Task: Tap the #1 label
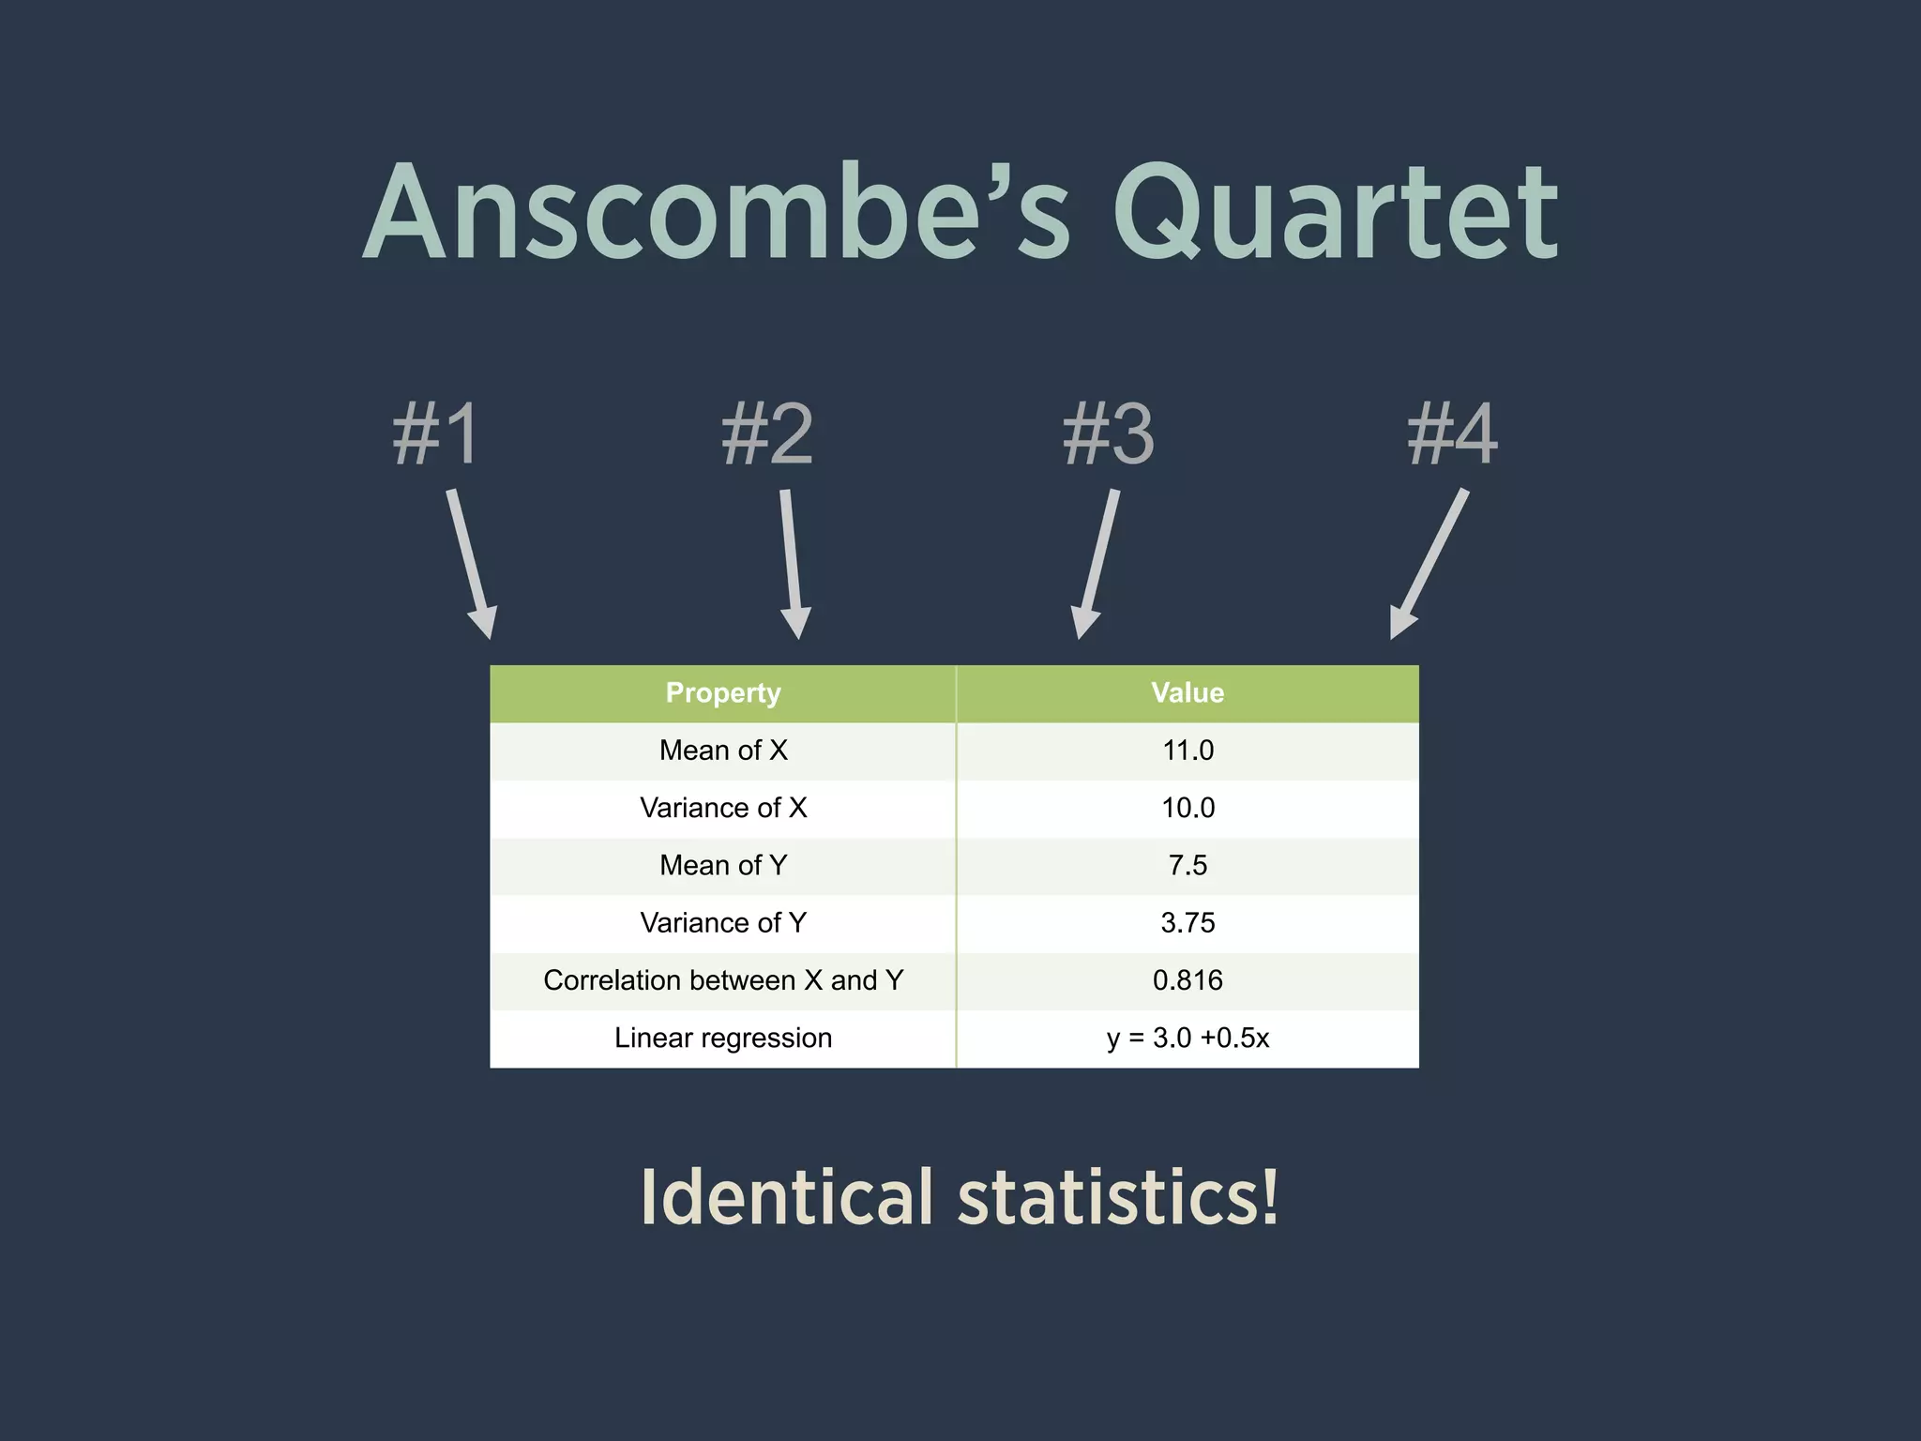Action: pyautogui.click(x=436, y=433)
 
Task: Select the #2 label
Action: pyautogui.click(x=767, y=433)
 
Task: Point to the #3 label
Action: pyautogui.click(x=1109, y=433)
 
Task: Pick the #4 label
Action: pyautogui.click(x=1452, y=433)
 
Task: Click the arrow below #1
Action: pyautogui.click(x=471, y=563)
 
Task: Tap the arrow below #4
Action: pyautogui.click(x=1429, y=563)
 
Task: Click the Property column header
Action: pyautogui.click(x=723, y=693)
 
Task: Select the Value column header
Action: pyautogui.click(x=1187, y=693)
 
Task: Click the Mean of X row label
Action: pyautogui.click(x=723, y=751)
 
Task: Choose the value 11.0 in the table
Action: pyautogui.click(x=1187, y=751)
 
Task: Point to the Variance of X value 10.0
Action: pyautogui.click(x=1187, y=808)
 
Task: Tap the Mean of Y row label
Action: pyautogui.click(x=723, y=865)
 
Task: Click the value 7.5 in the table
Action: pyautogui.click(x=1187, y=865)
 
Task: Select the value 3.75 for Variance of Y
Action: pyautogui.click(x=1187, y=923)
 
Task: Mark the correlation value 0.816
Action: pyautogui.click(x=1187, y=980)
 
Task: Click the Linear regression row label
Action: pyautogui.click(x=723, y=1038)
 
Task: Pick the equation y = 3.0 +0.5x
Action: pyautogui.click(x=1187, y=1038)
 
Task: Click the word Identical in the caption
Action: pyautogui.click(x=787, y=1198)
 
